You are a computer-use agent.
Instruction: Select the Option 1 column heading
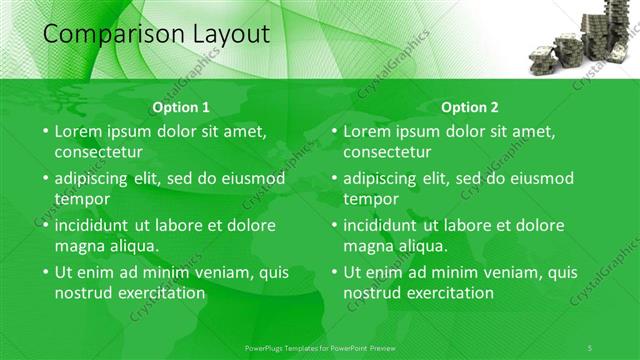tap(181, 107)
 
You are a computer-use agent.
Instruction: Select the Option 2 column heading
tap(469, 107)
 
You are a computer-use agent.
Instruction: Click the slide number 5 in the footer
tap(591, 346)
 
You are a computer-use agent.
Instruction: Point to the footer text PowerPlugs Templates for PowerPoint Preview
tap(320, 346)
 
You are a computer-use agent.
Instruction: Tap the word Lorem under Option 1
tap(78, 131)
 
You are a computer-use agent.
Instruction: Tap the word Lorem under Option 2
tap(367, 131)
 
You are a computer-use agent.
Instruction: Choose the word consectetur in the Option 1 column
tap(98, 152)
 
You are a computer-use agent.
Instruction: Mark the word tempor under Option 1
tap(79, 198)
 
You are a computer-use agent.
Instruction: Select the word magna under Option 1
tap(79, 245)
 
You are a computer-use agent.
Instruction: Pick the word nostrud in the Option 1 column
tap(84, 293)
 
